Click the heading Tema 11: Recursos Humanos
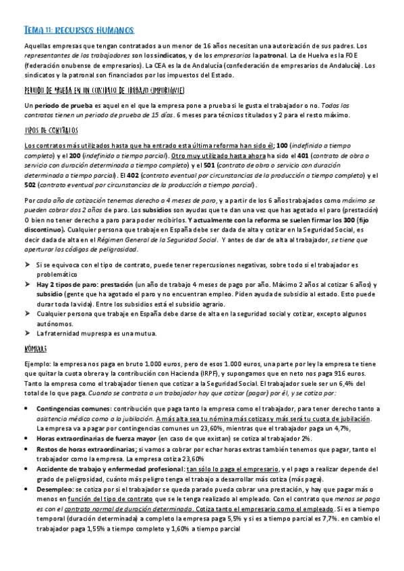[x=79, y=30]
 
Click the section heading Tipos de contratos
[x=51, y=129]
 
